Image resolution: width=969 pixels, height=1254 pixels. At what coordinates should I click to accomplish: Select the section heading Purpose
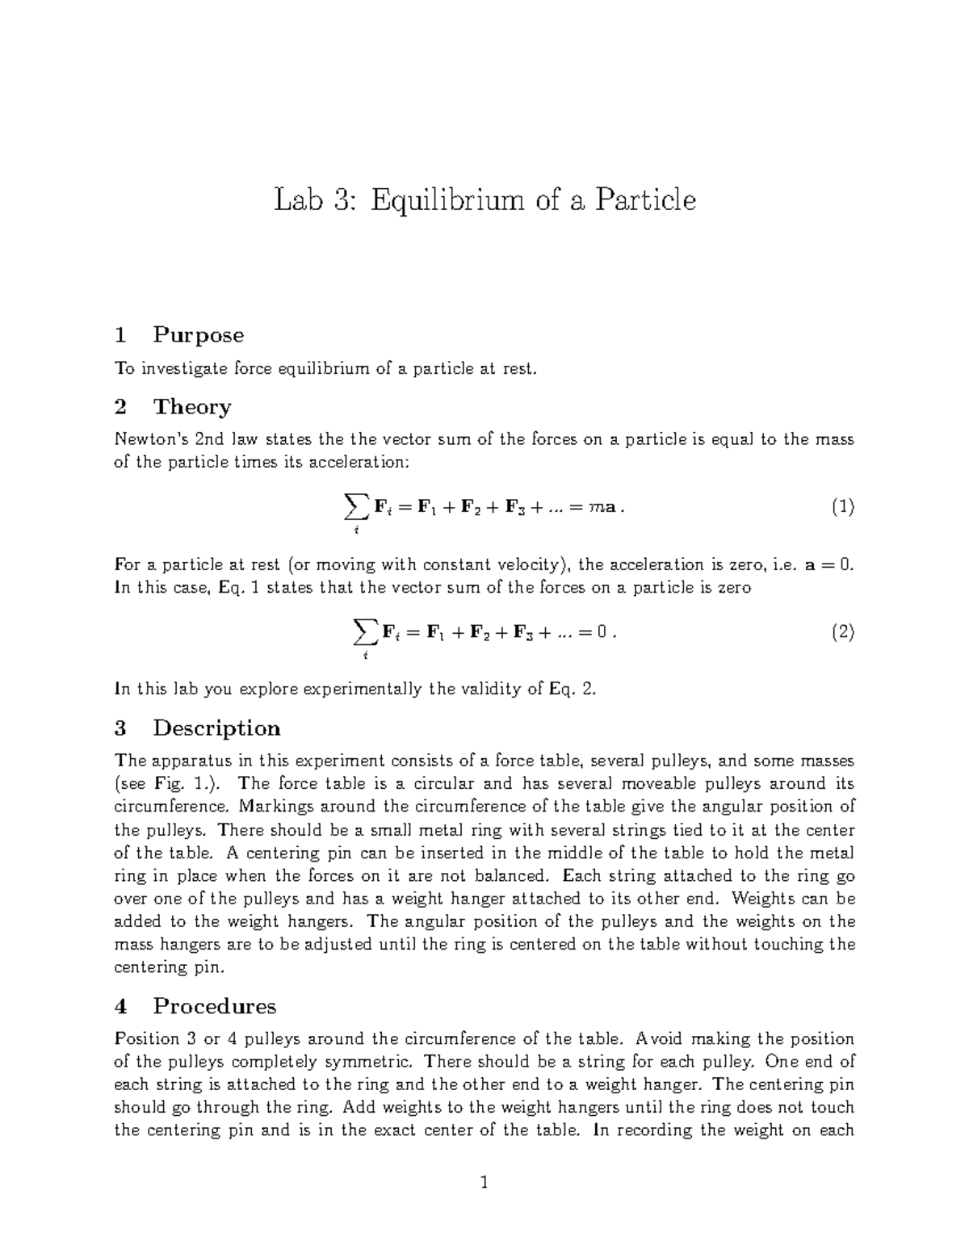[198, 334]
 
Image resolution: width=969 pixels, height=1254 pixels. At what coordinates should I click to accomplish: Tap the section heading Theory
[192, 406]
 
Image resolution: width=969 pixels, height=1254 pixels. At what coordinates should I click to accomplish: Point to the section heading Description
[216, 728]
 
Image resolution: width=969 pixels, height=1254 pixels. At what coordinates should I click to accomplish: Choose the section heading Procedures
[214, 1005]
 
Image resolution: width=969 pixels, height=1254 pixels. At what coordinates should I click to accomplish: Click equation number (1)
[842, 507]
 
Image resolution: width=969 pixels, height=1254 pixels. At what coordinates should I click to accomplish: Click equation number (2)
[842, 632]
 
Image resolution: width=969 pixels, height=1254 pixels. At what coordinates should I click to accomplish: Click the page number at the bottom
[484, 1184]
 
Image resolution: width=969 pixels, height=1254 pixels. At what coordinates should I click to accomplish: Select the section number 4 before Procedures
[121, 1005]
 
